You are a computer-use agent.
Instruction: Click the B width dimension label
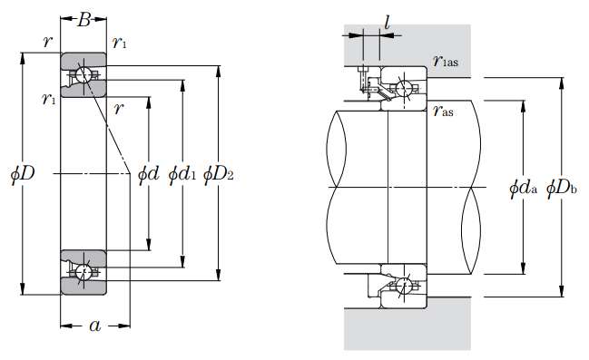(x=84, y=20)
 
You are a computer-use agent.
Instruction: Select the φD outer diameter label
(x=23, y=174)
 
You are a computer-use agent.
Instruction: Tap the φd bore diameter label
(x=149, y=174)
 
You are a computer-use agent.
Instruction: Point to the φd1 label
(x=182, y=174)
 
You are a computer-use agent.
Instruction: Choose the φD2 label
(x=218, y=174)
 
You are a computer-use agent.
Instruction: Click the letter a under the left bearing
(x=95, y=326)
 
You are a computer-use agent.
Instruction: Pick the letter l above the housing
(x=387, y=23)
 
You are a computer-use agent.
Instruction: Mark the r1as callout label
(x=446, y=60)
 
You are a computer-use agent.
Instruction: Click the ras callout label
(x=443, y=111)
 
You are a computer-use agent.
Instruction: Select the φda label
(x=524, y=188)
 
